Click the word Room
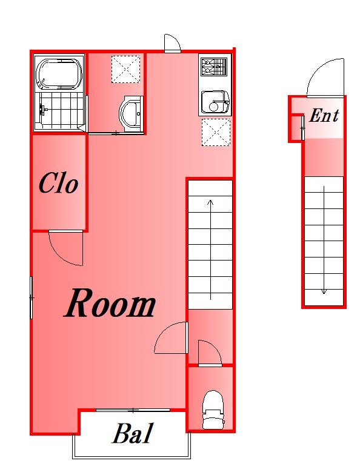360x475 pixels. (110, 303)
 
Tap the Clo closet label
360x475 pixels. (58, 183)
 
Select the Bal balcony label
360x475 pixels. (132, 434)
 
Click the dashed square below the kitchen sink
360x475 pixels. (216, 132)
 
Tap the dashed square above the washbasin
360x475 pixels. (126, 69)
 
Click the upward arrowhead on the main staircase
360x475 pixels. (210, 202)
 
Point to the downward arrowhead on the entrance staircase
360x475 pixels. (324, 291)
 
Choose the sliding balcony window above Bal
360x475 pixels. (133, 410)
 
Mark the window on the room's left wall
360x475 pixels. (32, 297)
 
